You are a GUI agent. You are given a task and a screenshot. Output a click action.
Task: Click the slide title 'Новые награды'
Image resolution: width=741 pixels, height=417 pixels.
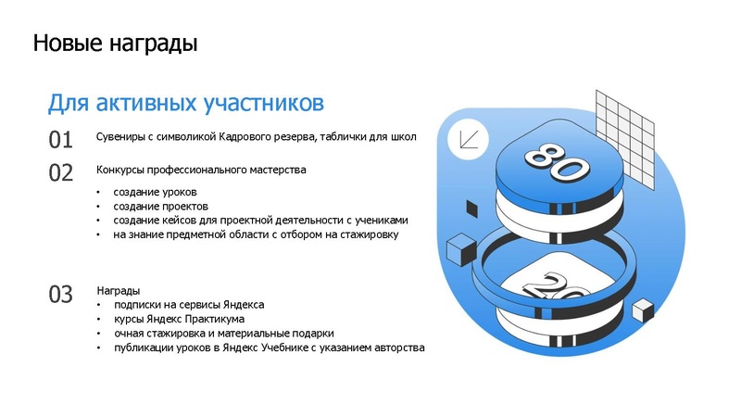115,43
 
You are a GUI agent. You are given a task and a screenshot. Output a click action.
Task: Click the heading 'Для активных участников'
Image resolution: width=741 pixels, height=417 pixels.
185,101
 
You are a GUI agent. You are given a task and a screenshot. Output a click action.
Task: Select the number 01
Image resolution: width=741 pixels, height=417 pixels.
61,140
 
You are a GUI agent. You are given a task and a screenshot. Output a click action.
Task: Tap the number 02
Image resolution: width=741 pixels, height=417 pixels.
61,172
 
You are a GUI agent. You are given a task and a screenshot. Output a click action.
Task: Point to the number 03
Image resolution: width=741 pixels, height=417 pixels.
61,295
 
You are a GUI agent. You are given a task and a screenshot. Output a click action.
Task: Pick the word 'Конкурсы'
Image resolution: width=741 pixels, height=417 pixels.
121,171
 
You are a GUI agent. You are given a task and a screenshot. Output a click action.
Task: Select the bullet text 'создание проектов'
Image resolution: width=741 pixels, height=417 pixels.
161,206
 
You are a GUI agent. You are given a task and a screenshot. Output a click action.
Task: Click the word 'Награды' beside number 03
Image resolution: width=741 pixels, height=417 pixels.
118,290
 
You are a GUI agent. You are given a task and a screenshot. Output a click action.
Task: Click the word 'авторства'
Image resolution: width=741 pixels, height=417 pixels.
397,347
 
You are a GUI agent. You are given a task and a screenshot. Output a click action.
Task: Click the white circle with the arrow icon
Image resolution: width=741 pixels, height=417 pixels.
468,140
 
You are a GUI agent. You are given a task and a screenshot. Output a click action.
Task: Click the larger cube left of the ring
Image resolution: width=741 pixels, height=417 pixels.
460,250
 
